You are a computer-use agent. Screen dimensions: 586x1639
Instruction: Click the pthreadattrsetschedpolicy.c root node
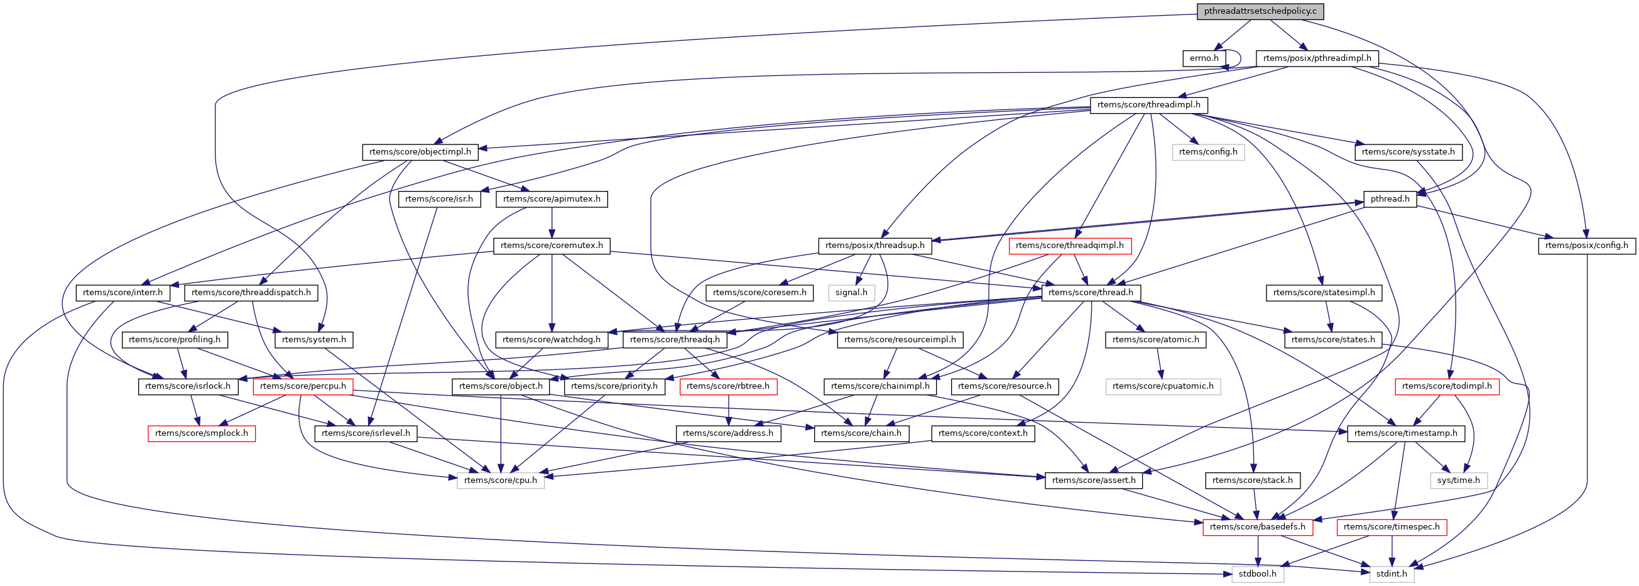1250,11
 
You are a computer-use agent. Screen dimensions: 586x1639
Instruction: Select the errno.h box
1204,58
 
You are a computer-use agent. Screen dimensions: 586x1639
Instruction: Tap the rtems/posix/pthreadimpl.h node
1317,58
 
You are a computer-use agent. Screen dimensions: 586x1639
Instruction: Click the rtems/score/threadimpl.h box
1148,105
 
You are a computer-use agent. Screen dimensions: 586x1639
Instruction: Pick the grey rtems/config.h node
1207,152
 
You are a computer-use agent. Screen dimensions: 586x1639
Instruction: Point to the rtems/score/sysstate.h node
1408,152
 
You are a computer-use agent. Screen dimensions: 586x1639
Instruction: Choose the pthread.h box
1390,199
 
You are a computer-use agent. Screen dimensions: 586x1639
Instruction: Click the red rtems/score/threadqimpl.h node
1070,246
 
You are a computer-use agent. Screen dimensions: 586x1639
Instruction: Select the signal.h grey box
851,293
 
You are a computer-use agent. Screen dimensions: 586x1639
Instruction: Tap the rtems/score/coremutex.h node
552,246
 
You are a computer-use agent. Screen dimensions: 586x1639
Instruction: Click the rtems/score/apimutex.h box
552,199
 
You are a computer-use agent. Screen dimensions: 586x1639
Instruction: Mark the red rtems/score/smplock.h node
201,433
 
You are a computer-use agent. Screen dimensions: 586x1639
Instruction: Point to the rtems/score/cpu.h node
500,480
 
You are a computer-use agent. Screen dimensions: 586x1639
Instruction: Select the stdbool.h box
1257,574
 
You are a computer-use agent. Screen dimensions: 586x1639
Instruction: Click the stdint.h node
1391,574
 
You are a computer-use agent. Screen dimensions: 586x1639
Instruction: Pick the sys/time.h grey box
1458,480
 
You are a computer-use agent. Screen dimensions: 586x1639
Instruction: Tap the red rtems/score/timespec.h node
1391,527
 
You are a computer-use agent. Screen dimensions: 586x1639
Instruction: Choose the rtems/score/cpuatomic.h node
1162,386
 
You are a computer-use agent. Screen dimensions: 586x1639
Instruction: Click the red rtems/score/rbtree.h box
728,386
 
